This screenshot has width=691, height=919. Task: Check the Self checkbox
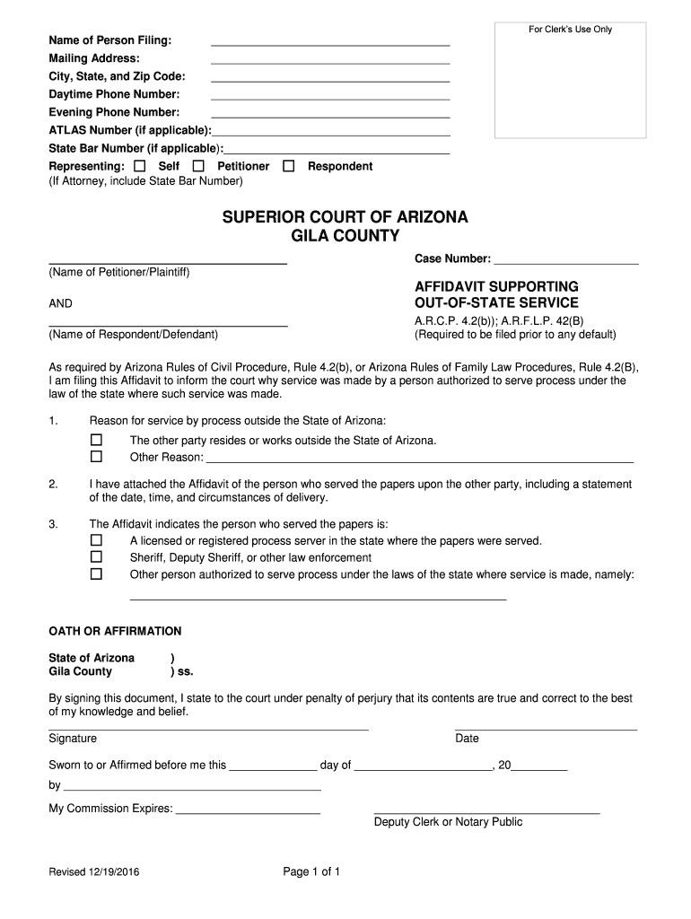point(139,166)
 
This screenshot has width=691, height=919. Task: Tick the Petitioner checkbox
point(198,166)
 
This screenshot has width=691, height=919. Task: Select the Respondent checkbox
point(289,166)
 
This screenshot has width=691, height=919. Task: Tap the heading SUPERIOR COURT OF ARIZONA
point(345,218)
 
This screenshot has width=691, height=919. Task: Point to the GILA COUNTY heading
point(345,236)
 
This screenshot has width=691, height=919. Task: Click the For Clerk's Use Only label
point(570,30)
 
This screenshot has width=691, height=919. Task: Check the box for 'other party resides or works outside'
point(97,441)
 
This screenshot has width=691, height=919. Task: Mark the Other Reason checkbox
point(97,457)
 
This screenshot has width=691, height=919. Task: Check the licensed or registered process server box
point(97,541)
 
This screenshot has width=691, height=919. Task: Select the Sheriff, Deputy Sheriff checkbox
point(97,557)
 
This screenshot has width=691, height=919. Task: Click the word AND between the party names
point(61,303)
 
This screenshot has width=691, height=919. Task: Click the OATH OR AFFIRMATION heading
point(115,631)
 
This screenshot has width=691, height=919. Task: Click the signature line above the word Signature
point(208,728)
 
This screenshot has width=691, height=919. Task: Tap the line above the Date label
point(546,728)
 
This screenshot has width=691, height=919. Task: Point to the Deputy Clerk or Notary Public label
point(448,822)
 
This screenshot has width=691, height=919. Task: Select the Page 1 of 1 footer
point(311,871)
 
